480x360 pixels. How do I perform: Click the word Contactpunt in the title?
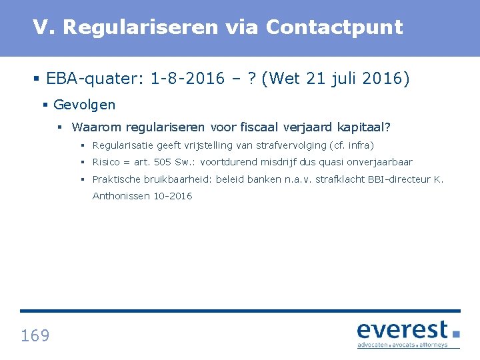[x=334, y=27]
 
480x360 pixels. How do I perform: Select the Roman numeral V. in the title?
[x=45, y=27]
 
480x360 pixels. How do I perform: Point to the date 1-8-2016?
[x=188, y=79]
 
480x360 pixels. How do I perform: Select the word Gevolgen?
[x=84, y=105]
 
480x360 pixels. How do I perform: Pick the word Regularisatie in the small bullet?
[x=123, y=145]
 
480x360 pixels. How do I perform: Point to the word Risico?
[x=107, y=162]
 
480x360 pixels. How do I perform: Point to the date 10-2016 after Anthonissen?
[x=174, y=196]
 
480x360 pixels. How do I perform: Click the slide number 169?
[x=35, y=335]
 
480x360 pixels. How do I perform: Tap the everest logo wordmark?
[x=403, y=330]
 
